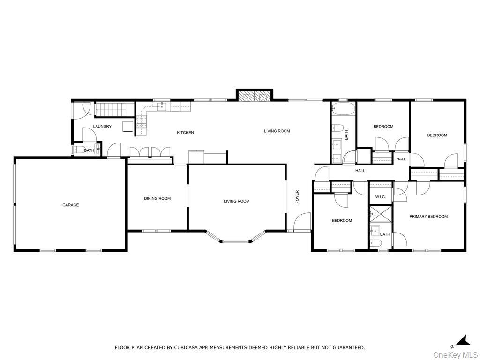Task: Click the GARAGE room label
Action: point(71,205)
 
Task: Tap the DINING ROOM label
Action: point(157,198)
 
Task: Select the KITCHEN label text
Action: point(185,133)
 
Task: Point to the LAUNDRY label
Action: point(102,127)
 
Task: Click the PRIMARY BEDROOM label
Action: point(428,217)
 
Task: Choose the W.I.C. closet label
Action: point(380,197)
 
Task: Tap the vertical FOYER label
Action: point(297,197)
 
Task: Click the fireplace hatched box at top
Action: point(255,96)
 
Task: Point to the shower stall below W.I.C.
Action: point(380,214)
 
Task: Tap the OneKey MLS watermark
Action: point(454,354)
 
